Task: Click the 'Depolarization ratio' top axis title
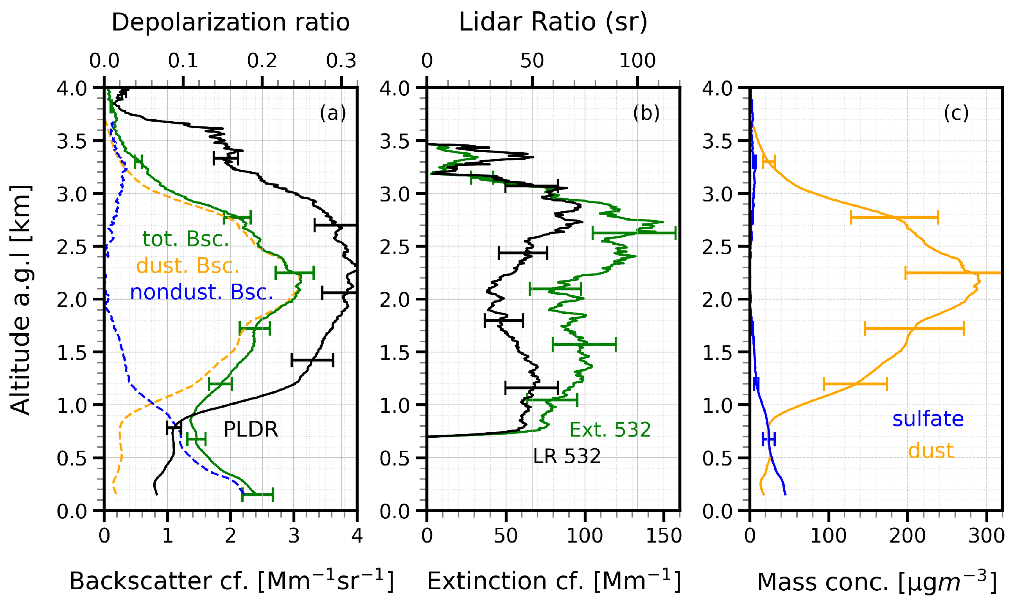pos(231,22)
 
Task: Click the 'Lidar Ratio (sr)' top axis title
pos(553,22)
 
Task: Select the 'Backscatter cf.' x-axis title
pos(231,581)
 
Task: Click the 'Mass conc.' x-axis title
pos(876,582)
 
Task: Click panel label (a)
pos(332,113)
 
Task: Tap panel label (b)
pos(646,113)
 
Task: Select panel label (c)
pos(956,113)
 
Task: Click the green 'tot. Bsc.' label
pos(185,239)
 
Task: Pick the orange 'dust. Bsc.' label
pos(187,266)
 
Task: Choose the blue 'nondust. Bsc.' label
pos(201,292)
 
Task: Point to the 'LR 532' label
pos(567,456)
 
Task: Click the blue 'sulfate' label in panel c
pos(928,419)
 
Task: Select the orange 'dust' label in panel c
pos(931,451)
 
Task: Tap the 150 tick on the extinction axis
pos(663,536)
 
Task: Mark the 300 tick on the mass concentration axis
pos(986,536)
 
